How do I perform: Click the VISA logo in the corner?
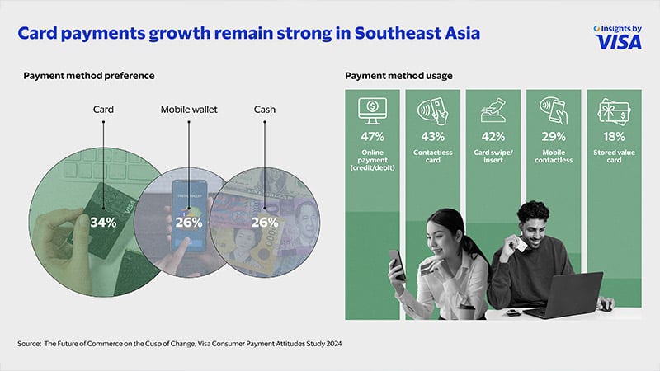point(617,42)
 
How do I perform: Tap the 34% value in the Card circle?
point(103,222)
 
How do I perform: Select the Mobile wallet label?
point(189,110)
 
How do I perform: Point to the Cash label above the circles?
point(264,110)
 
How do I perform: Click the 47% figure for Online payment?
point(373,136)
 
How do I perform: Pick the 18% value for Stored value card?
point(614,136)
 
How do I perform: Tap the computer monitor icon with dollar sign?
point(372,111)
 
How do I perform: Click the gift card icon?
point(614,112)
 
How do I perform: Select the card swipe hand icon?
point(493,110)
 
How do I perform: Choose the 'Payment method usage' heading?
point(398,76)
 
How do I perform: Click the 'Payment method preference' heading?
point(89,76)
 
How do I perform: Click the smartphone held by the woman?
point(398,265)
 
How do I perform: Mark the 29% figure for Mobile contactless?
point(554,136)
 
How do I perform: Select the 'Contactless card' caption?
point(432,156)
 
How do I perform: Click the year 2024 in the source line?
point(334,344)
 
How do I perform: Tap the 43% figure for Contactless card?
point(432,136)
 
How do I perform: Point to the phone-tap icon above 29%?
point(554,110)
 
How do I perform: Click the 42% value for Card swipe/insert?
point(493,136)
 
